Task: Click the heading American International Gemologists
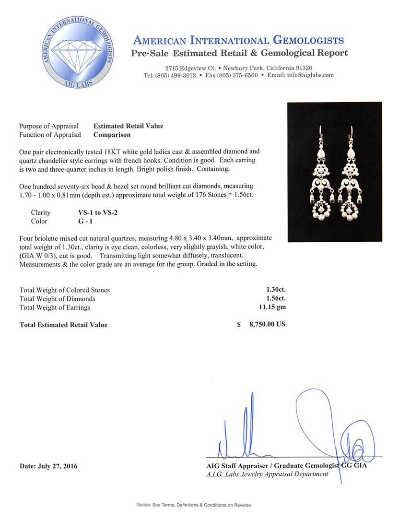pos(238,40)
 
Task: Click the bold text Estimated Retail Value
pos(128,126)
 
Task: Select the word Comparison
pos(112,135)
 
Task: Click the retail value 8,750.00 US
pos(267,324)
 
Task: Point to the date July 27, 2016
pos(48,466)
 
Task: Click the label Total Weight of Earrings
pos(55,307)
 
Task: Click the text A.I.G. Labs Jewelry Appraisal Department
pos(267,474)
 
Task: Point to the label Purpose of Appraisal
pos(49,126)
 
